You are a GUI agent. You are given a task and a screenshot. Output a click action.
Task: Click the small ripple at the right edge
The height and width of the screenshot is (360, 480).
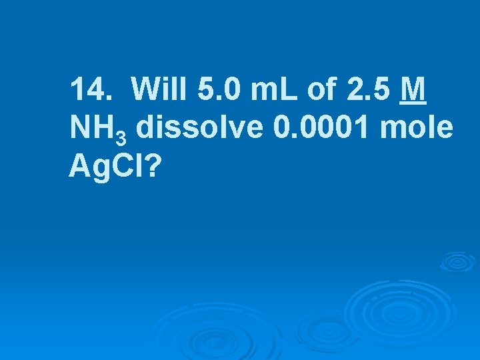click(x=458, y=261)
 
